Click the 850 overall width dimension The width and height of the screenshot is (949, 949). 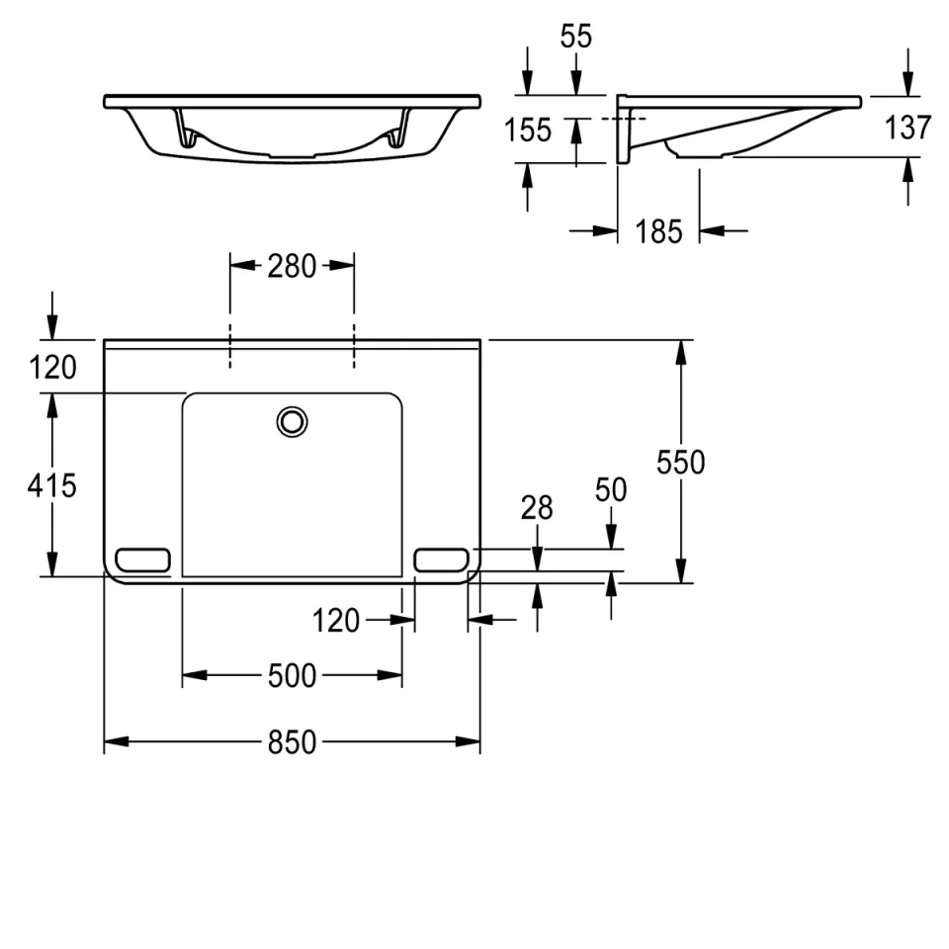tap(292, 741)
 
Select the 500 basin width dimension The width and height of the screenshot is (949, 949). tap(292, 675)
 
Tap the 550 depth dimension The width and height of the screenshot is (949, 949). tap(681, 463)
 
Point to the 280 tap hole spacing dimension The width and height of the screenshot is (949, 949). tap(292, 266)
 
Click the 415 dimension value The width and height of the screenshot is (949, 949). tap(52, 485)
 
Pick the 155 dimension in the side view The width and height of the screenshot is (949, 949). tap(528, 130)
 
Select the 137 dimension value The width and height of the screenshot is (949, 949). tap(907, 128)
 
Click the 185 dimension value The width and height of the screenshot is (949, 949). tap(658, 231)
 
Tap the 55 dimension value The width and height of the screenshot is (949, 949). tap(575, 37)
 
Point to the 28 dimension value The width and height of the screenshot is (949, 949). tap(537, 508)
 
